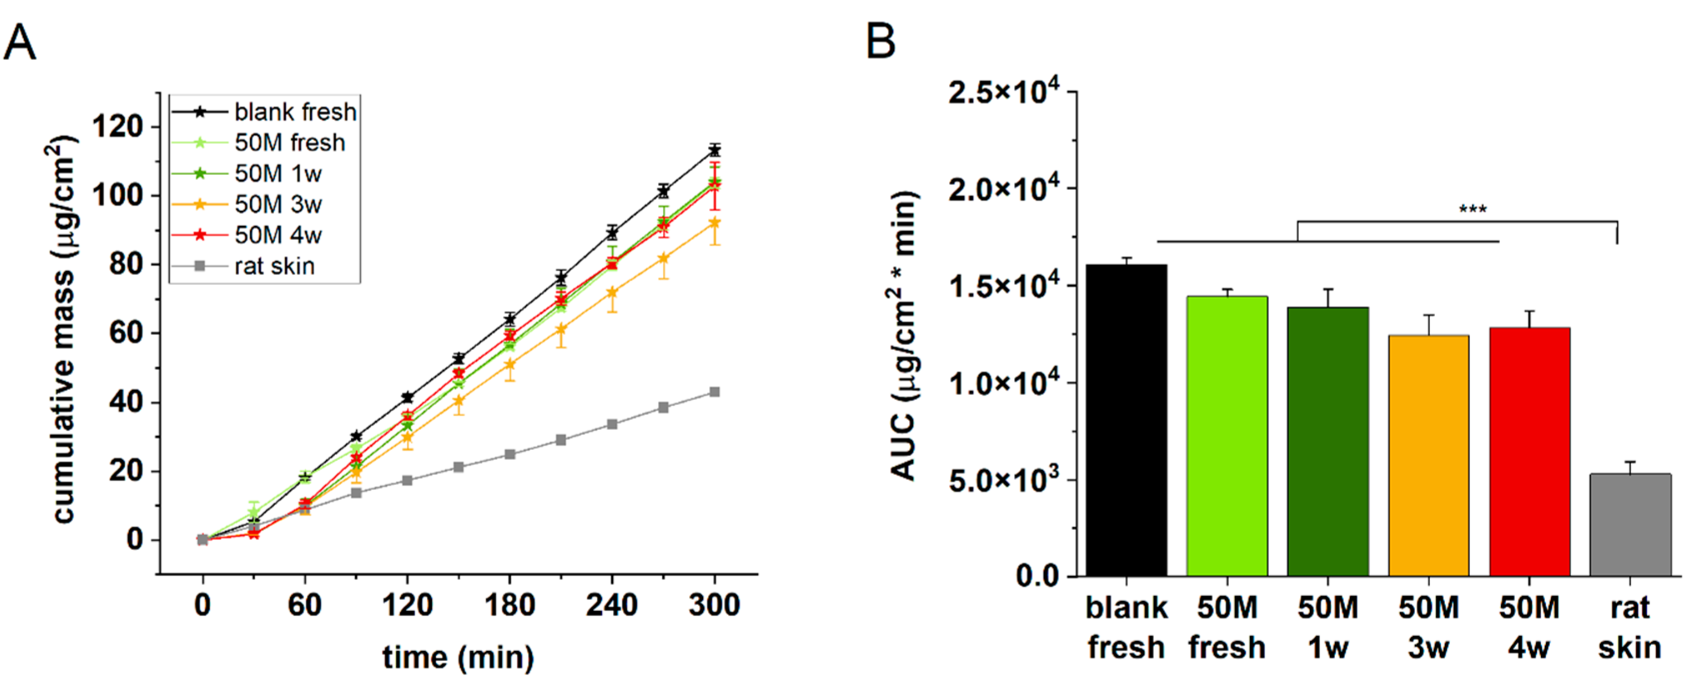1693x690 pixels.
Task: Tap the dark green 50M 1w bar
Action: pyautogui.click(x=1328, y=441)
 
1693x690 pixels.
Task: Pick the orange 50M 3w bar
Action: pyautogui.click(x=1428, y=456)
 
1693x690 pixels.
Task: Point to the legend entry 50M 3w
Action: pyautogui.click(x=277, y=204)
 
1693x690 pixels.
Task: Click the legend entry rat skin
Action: pyautogui.click(x=274, y=266)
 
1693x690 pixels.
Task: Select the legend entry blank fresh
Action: pyautogui.click(x=295, y=112)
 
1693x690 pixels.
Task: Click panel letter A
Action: pyautogui.click(x=20, y=42)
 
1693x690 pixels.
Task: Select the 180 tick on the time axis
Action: pyautogui.click(x=509, y=604)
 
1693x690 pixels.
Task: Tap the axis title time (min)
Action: pyautogui.click(x=458, y=657)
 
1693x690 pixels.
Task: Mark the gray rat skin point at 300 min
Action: pyautogui.click(x=714, y=392)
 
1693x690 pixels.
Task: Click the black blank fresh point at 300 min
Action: pyautogui.click(x=714, y=150)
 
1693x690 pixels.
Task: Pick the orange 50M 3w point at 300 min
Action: pyautogui.click(x=714, y=223)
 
